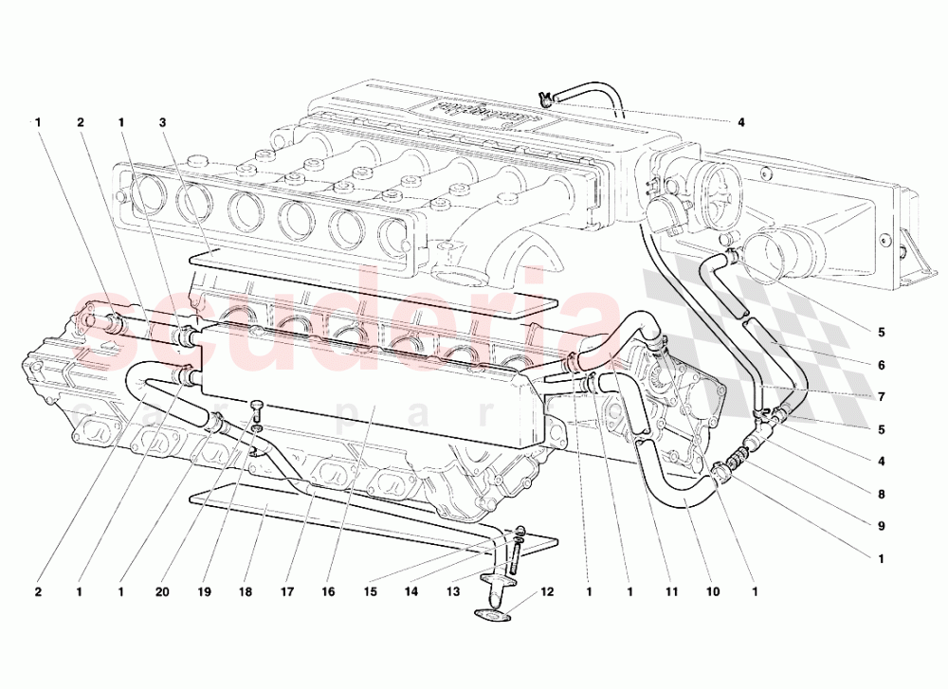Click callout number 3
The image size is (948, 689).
[x=163, y=122]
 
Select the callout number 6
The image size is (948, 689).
[x=881, y=365]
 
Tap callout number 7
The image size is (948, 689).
[x=881, y=397]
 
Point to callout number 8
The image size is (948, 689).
[x=881, y=494]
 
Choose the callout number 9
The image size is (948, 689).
[x=881, y=526]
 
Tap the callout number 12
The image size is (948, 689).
[x=547, y=593]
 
